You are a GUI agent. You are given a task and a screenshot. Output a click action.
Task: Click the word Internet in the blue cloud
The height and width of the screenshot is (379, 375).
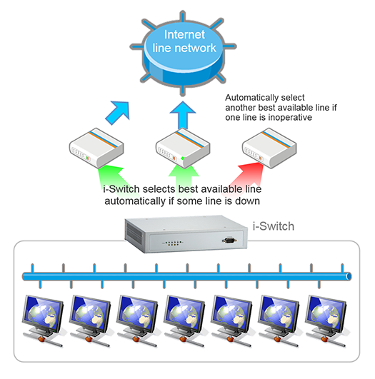coord(184,34)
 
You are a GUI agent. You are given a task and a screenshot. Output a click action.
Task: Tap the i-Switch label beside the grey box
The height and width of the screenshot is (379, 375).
coord(274,226)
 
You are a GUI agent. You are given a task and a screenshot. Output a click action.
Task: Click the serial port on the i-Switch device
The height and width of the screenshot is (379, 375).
coord(229,241)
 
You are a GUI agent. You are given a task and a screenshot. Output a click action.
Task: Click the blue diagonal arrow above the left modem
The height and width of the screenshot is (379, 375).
coord(118,112)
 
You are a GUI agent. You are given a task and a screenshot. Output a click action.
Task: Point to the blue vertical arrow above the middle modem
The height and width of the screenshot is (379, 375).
coord(183,115)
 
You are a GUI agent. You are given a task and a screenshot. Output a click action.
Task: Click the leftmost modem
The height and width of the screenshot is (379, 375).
coord(96,148)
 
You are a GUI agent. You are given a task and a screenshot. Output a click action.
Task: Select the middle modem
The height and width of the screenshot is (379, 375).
coord(183,148)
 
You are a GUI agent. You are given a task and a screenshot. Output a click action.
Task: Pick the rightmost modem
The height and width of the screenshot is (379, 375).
coord(269,148)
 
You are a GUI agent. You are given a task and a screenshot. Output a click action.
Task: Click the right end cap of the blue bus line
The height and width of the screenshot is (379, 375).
coord(349,276)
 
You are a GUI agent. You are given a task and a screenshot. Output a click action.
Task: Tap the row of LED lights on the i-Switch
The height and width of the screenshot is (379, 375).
coord(173,243)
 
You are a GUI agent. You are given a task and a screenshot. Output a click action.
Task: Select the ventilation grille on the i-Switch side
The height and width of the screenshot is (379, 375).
coord(134,234)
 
